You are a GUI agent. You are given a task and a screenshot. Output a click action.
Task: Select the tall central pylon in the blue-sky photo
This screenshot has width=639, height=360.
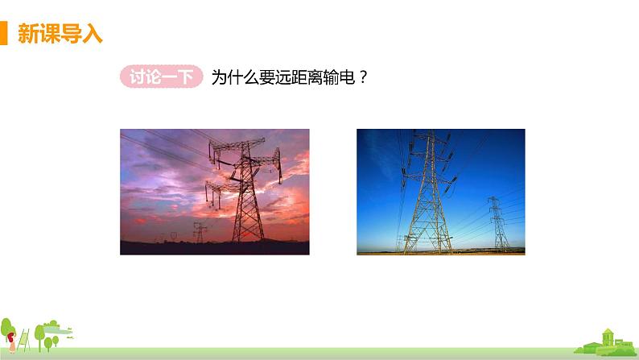pyautogui.click(x=427, y=193)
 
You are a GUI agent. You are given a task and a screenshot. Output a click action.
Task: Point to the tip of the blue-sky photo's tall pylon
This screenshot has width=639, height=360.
pyautogui.click(x=428, y=133)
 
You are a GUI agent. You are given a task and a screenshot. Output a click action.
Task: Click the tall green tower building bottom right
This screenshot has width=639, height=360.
pyautogui.click(x=610, y=337)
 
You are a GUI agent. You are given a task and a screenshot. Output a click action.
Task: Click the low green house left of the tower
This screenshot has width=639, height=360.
pyautogui.click(x=592, y=346)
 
